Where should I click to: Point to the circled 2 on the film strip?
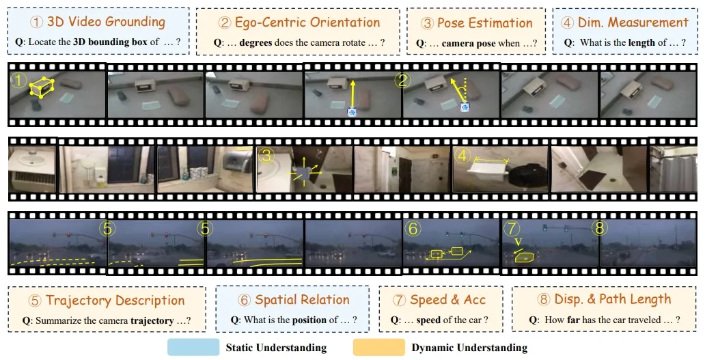click(x=403, y=80)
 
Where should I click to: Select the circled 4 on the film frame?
click(x=463, y=156)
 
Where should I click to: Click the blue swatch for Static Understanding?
click(x=193, y=347)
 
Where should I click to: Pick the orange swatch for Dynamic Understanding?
click(x=378, y=347)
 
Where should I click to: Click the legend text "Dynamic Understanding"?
click(x=469, y=348)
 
